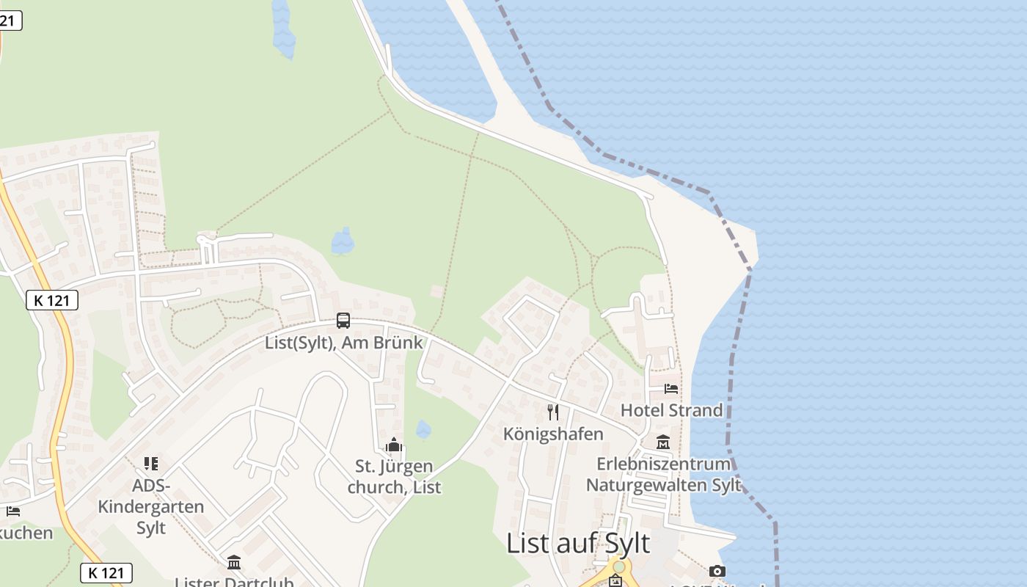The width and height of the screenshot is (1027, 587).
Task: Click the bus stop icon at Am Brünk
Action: [x=343, y=320]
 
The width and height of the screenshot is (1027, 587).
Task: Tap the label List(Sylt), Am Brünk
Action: [x=344, y=343]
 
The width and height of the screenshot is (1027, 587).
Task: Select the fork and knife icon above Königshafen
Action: [x=553, y=412]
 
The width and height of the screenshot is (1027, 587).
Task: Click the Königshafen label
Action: [x=553, y=434]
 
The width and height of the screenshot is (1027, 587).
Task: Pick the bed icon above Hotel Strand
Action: [x=671, y=388]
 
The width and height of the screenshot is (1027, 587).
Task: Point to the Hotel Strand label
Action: [x=671, y=410]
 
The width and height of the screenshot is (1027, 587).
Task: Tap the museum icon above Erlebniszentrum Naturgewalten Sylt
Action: [x=663, y=442]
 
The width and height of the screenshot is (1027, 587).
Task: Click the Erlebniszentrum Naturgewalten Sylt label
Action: [x=663, y=475]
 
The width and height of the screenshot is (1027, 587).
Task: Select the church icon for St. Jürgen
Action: [x=394, y=445]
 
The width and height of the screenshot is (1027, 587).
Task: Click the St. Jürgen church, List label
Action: [x=394, y=477]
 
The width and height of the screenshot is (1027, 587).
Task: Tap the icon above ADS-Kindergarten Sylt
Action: [x=151, y=463]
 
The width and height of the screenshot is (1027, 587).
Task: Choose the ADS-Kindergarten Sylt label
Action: [x=151, y=506]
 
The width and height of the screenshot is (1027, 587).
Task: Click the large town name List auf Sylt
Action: [x=578, y=544]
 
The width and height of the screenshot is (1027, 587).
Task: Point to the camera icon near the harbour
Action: [x=717, y=571]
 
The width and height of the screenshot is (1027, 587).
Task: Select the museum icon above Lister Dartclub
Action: [x=234, y=562]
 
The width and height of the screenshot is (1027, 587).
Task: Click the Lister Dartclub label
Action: [x=234, y=582]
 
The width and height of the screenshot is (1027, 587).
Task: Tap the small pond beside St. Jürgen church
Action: [x=423, y=429]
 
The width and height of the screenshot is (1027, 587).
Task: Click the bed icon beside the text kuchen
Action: [x=12, y=511]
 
